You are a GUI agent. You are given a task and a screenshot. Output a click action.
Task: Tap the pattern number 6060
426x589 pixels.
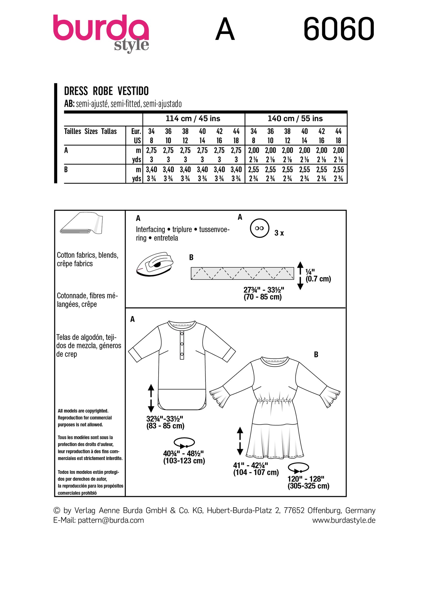[x=339, y=29]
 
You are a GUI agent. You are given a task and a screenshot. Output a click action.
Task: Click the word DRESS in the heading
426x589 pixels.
[x=76, y=91]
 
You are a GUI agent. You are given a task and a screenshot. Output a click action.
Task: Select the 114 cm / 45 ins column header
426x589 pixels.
[x=193, y=119]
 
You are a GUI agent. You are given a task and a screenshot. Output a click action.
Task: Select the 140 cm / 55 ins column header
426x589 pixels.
[x=295, y=119]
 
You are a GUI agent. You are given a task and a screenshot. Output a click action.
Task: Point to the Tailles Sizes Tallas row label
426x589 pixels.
[x=90, y=131]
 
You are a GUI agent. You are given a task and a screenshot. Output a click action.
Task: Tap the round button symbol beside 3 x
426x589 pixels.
[x=259, y=228]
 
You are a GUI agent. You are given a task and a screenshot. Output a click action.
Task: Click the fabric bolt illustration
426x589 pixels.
[x=81, y=223]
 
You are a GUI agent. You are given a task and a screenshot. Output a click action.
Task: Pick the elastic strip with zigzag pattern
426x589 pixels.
[x=242, y=273]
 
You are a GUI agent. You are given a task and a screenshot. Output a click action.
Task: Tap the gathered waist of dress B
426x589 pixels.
[x=274, y=400]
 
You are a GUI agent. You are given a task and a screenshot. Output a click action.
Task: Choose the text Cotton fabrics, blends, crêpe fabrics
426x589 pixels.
[x=88, y=259]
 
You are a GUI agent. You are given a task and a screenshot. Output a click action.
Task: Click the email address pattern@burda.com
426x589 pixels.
[x=111, y=520]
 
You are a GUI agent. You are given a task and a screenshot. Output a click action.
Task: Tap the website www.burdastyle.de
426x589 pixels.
[x=344, y=520]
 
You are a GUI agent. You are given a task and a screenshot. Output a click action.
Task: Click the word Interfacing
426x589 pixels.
[x=150, y=229]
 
